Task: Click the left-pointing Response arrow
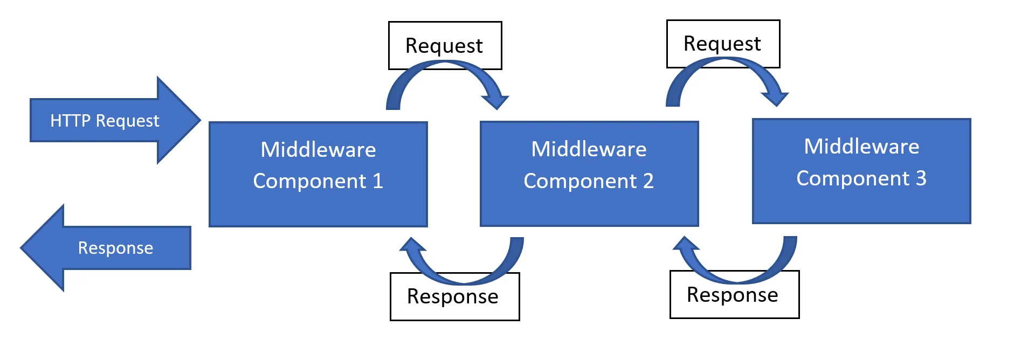tap(108, 248)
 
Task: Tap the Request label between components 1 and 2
tap(444, 46)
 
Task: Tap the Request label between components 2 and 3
tap(722, 44)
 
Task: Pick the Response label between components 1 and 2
tap(453, 297)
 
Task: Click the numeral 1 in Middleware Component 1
tap(378, 181)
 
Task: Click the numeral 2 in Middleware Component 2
tap(648, 181)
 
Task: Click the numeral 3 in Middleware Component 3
tap(921, 178)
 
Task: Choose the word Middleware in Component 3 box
tap(861, 147)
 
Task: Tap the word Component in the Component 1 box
tap(310, 181)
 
